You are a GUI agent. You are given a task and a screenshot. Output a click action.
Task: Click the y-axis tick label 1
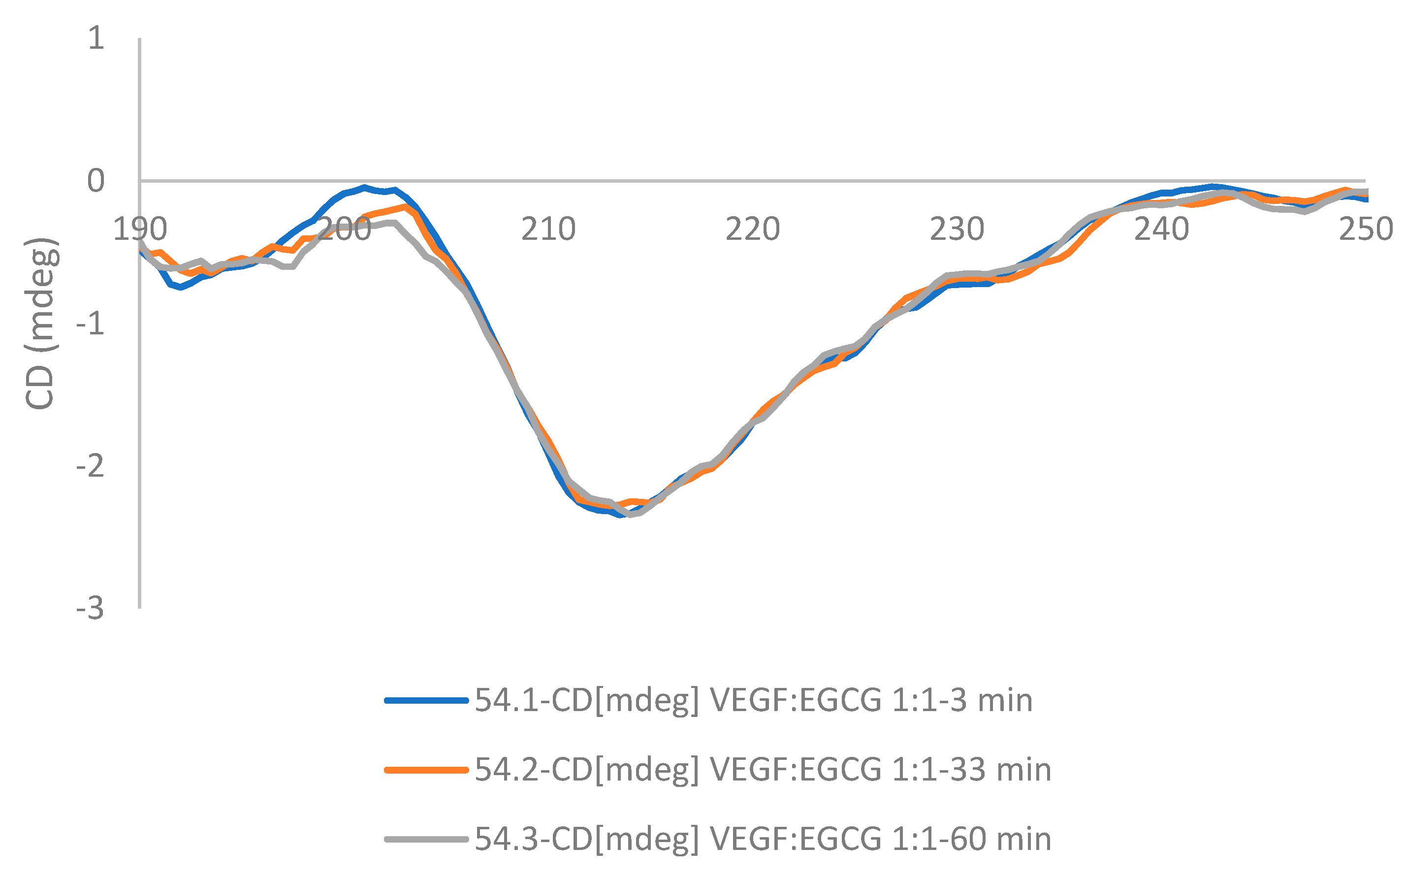click(x=96, y=38)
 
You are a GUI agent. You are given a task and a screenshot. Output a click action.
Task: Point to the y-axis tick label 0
click(x=96, y=181)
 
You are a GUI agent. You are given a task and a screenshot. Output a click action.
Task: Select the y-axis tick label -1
click(x=90, y=324)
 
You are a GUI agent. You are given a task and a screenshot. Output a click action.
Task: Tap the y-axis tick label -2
click(x=90, y=466)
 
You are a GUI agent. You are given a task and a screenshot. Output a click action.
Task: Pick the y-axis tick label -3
click(x=90, y=609)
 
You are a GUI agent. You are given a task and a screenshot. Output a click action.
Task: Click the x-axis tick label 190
click(x=140, y=229)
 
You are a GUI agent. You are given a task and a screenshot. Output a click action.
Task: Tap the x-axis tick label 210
click(x=548, y=229)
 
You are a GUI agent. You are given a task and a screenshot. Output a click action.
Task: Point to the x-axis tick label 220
click(x=752, y=229)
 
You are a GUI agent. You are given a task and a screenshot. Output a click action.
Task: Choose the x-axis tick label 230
click(x=957, y=229)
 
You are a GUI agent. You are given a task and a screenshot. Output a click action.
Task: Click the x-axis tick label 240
click(x=1161, y=229)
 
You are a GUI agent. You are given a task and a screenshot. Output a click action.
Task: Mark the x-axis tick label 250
click(x=1366, y=229)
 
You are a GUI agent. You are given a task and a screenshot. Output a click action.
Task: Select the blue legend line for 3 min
click(x=426, y=700)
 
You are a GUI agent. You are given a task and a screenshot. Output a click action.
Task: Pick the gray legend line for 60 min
click(x=426, y=839)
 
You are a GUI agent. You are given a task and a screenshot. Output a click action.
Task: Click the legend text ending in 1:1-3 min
click(x=753, y=700)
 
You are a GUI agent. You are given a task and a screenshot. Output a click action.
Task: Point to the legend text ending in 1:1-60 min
click(x=763, y=839)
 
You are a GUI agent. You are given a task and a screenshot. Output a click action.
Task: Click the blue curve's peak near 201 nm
click(x=364, y=188)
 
